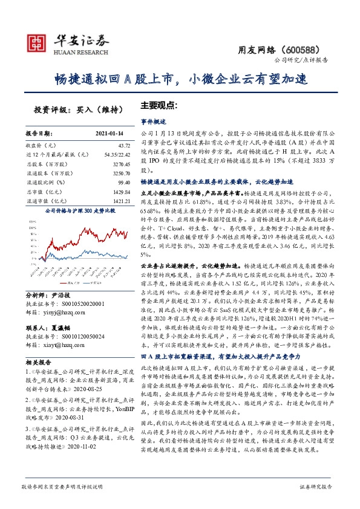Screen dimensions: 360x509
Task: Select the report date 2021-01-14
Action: point(109,132)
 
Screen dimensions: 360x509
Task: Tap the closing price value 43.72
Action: point(124,146)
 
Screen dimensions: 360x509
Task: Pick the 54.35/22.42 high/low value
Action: point(117,155)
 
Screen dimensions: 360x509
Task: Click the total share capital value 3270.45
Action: point(121,164)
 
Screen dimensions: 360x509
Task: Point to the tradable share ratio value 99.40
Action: point(124,182)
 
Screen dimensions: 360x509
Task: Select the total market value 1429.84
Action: point(122,191)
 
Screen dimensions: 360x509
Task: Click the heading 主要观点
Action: point(159,104)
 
